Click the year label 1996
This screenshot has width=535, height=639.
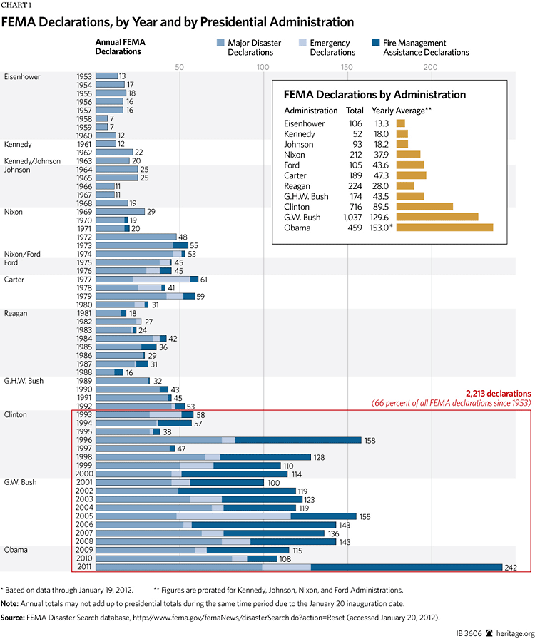pos(85,440)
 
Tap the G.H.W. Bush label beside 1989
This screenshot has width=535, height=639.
pos(24,381)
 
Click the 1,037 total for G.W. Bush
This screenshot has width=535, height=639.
pos(352,217)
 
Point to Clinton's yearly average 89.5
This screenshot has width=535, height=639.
pos(381,206)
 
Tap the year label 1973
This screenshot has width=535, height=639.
pos(85,245)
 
